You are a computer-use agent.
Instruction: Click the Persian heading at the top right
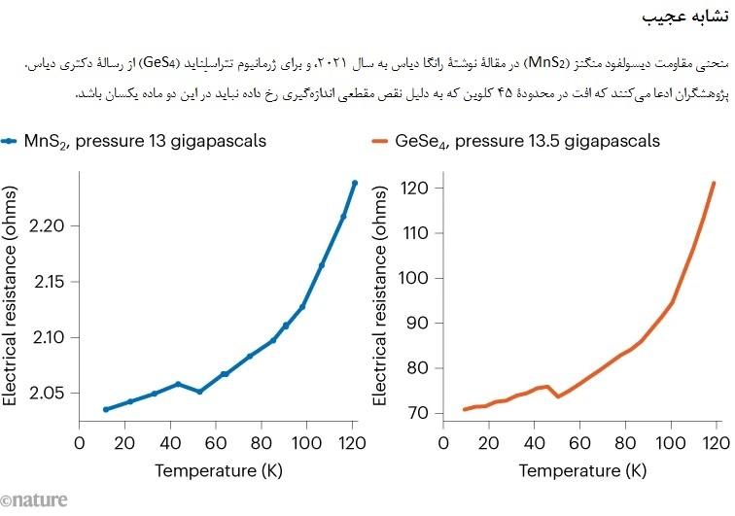(685, 17)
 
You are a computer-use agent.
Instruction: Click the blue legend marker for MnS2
(10, 141)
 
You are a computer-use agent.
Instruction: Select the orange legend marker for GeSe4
(378, 141)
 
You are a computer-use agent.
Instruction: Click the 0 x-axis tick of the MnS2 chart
(80, 444)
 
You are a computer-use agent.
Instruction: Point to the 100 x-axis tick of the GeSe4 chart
(671, 444)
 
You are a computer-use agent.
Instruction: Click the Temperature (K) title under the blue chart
(217, 471)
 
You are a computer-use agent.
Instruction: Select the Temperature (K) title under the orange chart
(582, 471)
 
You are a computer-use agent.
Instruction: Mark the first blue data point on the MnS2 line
(105, 409)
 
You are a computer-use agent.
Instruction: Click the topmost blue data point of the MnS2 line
(355, 183)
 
